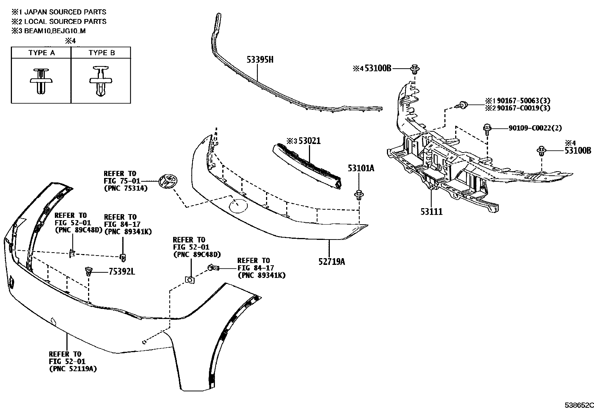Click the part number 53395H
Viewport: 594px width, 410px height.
pos(260,59)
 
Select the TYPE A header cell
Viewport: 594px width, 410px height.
pos(41,53)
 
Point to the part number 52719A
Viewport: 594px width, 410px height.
pos(331,262)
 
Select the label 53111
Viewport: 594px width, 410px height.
pos(431,212)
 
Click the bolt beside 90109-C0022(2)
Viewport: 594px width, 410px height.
pos(487,129)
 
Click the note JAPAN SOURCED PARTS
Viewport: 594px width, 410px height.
pos(65,12)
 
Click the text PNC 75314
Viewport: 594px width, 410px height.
pos(125,188)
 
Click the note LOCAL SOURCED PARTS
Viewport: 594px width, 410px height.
pos(65,22)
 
